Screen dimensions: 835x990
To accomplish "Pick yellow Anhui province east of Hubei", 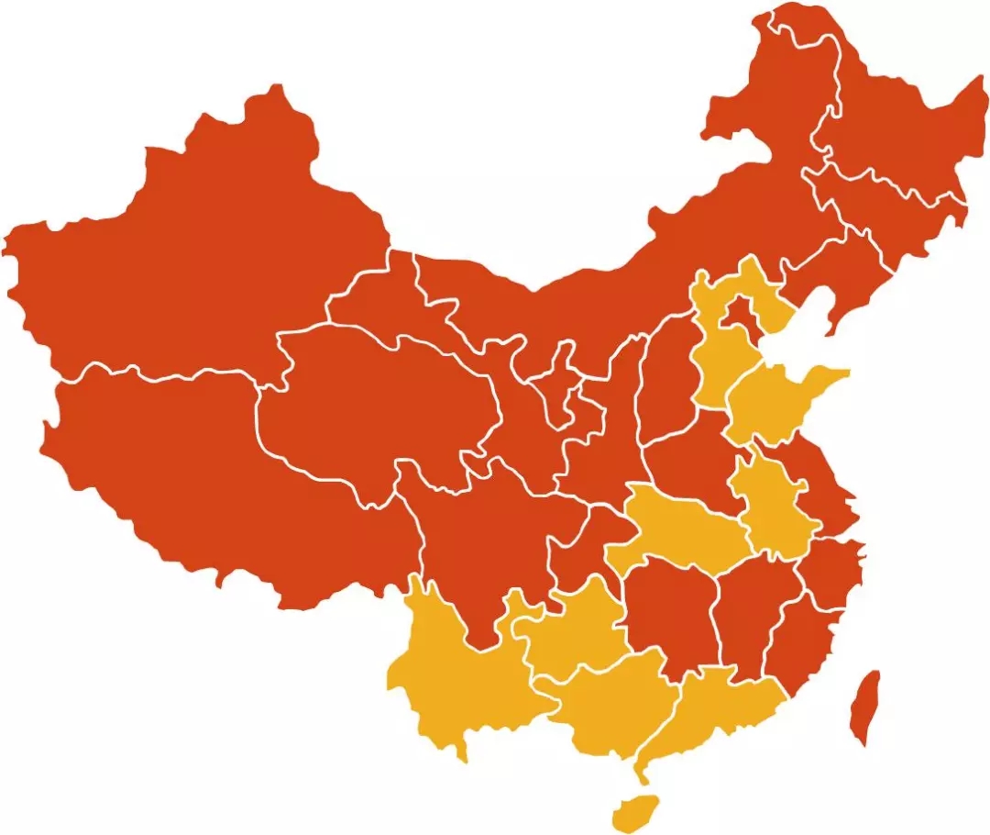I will [775, 505].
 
